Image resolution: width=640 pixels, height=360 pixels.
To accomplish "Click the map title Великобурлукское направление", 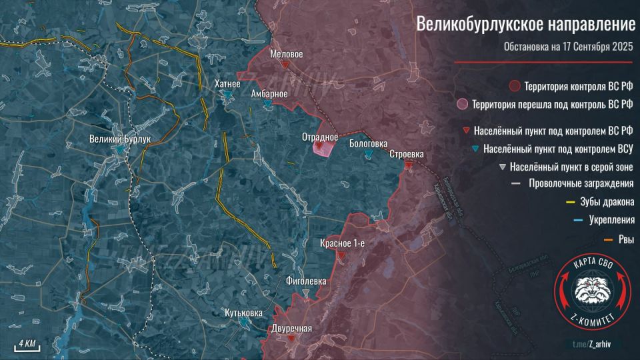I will click(526, 25).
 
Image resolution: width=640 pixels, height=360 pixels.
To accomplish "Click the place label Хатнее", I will click(227, 84).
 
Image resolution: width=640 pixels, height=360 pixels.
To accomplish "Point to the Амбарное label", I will click(269, 94).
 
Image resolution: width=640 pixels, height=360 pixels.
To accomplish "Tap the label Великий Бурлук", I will click(121, 139).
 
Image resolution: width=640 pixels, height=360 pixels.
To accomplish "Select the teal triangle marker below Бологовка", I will click(369, 155).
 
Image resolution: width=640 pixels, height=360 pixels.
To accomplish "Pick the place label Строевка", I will click(407, 155).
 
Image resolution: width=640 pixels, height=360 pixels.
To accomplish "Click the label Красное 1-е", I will click(343, 243).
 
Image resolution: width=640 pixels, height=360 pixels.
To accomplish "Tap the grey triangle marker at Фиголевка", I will click(306, 293).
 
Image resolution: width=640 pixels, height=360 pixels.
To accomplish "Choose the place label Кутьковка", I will click(244, 312).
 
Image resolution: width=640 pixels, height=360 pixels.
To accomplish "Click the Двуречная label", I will click(292, 328).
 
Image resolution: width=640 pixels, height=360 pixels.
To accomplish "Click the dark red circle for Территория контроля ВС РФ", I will click(514, 86).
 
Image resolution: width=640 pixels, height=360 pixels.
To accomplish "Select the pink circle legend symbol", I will click(461, 104).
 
